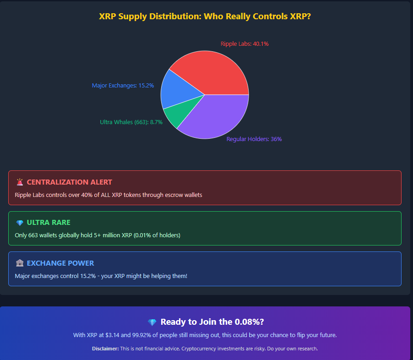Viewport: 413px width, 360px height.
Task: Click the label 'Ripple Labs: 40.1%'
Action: click(x=245, y=44)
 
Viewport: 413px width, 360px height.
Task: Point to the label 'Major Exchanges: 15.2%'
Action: click(x=123, y=86)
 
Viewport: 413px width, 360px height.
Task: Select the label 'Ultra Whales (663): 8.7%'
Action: click(x=131, y=122)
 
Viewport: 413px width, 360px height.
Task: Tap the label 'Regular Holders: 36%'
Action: click(x=254, y=139)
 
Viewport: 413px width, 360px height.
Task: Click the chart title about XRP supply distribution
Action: click(x=205, y=16)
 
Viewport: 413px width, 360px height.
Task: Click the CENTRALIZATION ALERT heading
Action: click(x=69, y=182)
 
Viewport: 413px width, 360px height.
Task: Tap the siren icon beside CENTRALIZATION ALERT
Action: click(x=20, y=182)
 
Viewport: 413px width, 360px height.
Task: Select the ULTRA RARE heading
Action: click(x=49, y=223)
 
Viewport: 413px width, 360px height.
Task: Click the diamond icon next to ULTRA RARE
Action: click(x=20, y=223)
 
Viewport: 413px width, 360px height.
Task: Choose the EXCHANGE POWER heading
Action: click(x=60, y=263)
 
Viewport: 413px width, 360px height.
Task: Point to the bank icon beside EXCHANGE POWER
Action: click(x=20, y=263)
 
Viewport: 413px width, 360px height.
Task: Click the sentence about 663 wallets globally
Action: click(x=98, y=235)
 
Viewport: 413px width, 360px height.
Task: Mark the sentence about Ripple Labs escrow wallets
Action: click(x=108, y=195)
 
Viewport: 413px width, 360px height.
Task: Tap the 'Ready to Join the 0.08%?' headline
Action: click(x=212, y=322)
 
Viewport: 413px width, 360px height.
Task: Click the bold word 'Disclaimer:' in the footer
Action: click(x=105, y=349)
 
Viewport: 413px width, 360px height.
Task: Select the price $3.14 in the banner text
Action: click(x=118, y=335)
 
